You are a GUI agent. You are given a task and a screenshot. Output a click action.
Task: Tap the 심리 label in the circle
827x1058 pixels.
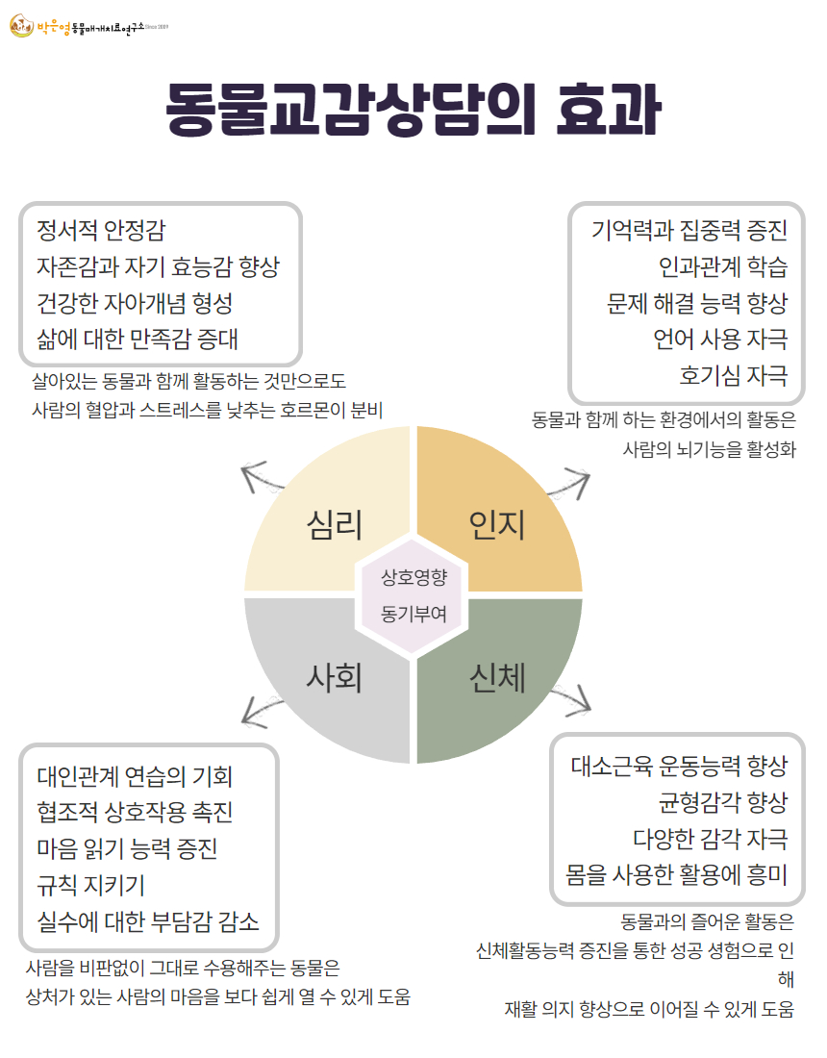pyautogui.click(x=334, y=525)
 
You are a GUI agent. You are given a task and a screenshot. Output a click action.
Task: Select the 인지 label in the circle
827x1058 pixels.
pyautogui.click(x=496, y=525)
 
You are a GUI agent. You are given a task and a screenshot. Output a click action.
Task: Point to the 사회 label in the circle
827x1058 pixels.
pyautogui.click(x=334, y=678)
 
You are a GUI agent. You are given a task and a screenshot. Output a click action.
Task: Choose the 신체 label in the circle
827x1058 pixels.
pyautogui.click(x=497, y=678)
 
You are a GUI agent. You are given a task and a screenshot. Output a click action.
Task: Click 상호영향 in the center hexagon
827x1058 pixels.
pyautogui.click(x=413, y=577)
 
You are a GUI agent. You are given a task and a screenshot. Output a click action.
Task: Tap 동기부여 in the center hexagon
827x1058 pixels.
pyautogui.click(x=413, y=612)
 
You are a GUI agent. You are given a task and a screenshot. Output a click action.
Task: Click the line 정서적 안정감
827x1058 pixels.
pyautogui.click(x=101, y=231)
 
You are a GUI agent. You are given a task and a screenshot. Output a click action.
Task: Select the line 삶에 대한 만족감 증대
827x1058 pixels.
pyautogui.click(x=138, y=340)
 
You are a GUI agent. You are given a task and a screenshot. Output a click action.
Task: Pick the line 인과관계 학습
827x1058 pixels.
pyautogui.click(x=722, y=266)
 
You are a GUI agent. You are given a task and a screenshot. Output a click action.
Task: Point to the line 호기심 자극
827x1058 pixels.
pyautogui.click(x=733, y=374)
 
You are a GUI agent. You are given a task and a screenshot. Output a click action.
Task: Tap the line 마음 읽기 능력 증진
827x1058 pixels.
pyautogui.click(x=127, y=848)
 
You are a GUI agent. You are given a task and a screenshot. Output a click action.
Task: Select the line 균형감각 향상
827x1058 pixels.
pyautogui.click(x=722, y=801)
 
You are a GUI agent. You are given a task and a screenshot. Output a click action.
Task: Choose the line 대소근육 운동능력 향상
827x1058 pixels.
pyautogui.click(x=679, y=766)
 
